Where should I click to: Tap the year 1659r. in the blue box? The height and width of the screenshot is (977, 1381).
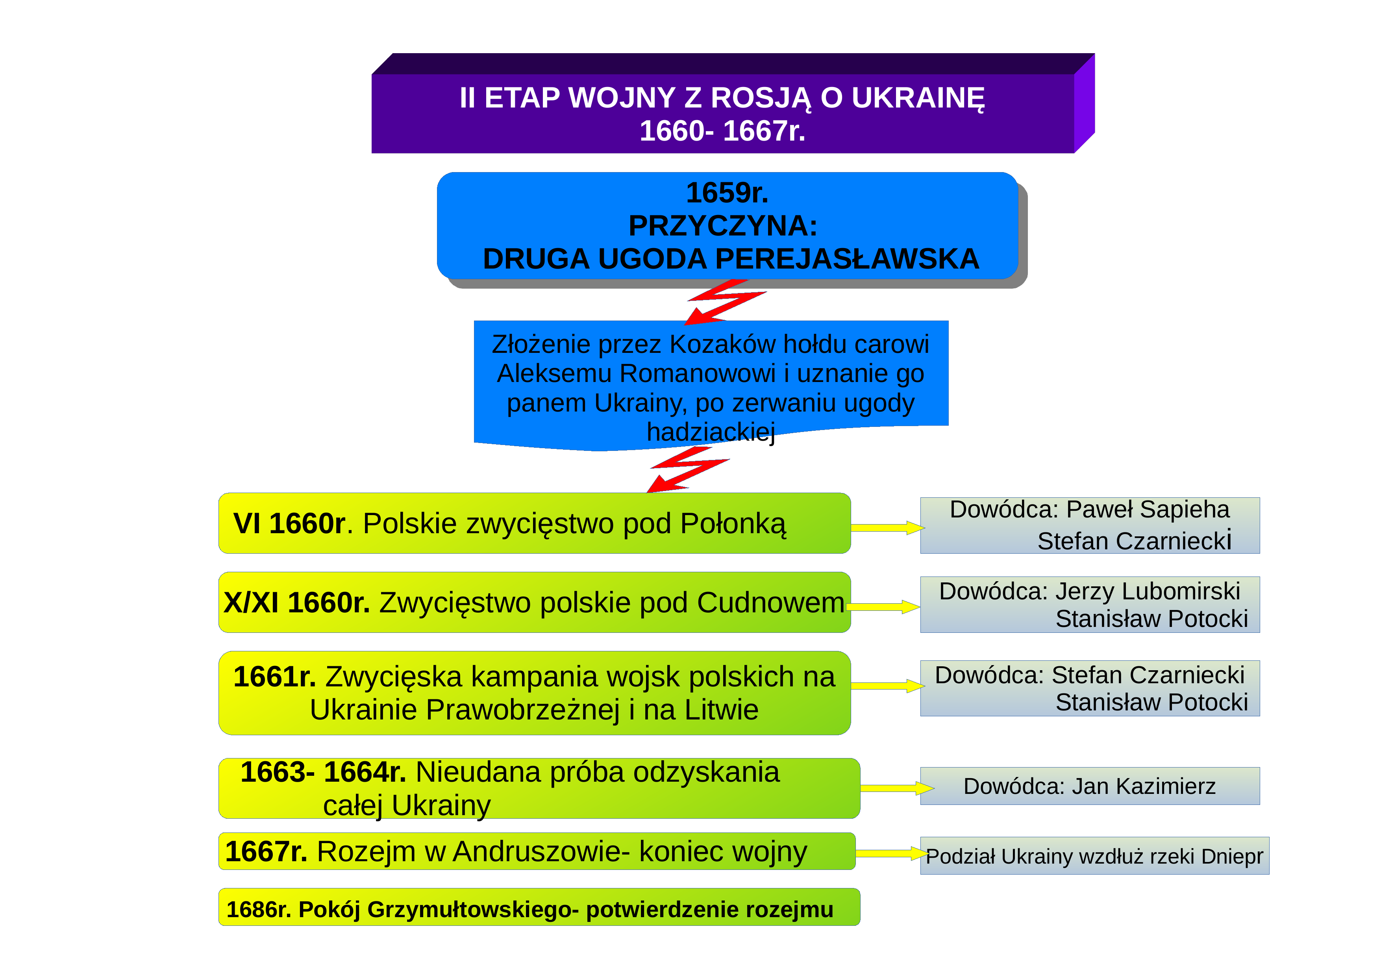[727, 193]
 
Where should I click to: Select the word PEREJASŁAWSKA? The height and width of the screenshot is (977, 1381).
[848, 259]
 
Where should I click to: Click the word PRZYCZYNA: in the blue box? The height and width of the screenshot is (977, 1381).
[723, 226]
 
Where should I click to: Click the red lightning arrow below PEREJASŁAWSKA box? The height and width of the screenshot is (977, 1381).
[726, 301]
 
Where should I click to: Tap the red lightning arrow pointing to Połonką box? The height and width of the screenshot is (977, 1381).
[689, 469]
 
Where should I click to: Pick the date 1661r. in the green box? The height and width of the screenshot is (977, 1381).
[275, 677]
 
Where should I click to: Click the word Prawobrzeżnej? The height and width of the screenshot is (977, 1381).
[523, 710]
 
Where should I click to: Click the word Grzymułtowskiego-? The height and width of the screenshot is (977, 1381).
[473, 910]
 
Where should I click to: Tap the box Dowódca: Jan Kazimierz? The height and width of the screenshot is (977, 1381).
[1090, 786]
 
